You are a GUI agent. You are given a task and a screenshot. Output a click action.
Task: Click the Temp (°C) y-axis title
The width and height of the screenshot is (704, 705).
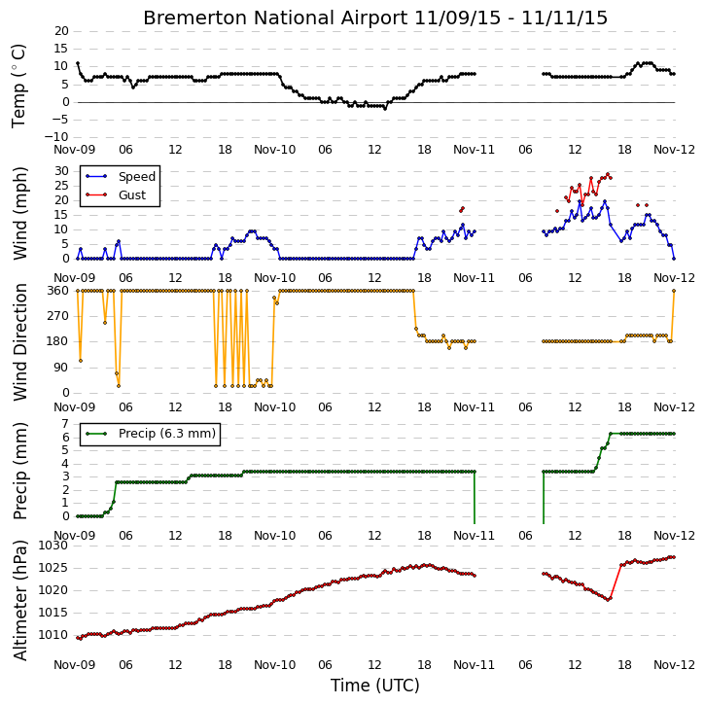pos(18,86)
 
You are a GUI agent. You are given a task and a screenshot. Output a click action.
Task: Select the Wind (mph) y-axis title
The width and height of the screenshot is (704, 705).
pos(20,214)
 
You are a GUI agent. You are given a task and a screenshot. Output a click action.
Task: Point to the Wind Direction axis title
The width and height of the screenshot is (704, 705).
pos(20,342)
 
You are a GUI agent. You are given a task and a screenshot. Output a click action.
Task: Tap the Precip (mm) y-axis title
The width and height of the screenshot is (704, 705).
pos(20,472)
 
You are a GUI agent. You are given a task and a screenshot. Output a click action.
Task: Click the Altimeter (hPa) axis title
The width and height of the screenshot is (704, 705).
pos(20,601)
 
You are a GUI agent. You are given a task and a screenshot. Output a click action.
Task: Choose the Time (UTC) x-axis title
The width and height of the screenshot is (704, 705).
pos(375,686)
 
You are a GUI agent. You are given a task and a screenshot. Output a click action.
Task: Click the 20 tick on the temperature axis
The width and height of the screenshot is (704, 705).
pos(61,31)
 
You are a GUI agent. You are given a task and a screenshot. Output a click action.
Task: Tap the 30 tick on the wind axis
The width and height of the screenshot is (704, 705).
pos(61,171)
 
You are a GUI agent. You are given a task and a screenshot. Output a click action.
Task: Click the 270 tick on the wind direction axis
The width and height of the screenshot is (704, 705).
pos(58,316)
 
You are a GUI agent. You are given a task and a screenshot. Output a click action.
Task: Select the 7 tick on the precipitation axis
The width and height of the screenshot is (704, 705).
pos(65,424)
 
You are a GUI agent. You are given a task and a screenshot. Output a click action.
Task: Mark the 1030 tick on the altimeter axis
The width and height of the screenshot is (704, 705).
pos(53,546)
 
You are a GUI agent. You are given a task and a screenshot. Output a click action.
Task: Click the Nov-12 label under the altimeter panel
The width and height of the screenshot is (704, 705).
pos(674,665)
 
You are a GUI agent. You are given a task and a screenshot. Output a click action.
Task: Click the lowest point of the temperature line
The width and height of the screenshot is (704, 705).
pos(385,109)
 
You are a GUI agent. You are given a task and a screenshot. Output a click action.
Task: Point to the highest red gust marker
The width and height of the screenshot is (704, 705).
pos(608,174)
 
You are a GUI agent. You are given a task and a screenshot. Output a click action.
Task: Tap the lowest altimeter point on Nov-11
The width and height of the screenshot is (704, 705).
pos(609,599)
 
